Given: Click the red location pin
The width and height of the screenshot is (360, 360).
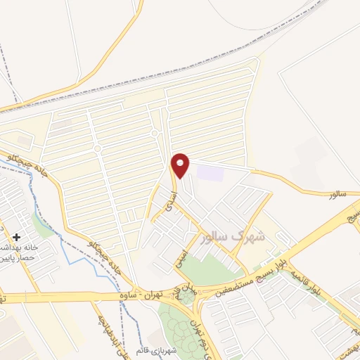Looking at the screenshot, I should (x=180, y=165).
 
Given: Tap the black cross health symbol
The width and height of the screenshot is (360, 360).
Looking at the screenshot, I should (x=16, y=238).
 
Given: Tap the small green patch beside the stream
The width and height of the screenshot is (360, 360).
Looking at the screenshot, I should (x=44, y=227).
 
